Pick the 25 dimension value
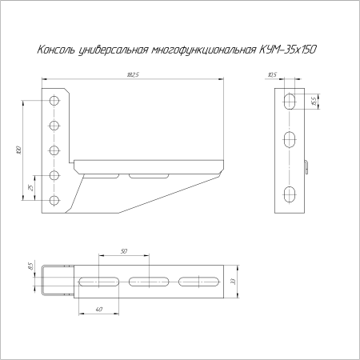tap(30, 187)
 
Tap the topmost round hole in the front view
tap(54, 101)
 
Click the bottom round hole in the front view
tap(54, 199)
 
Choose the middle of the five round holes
tap(54, 150)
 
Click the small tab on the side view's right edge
tap(306, 166)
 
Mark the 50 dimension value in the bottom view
tap(124, 252)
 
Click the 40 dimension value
tap(98, 309)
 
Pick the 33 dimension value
tap(233, 282)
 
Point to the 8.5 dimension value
tap(30, 267)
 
